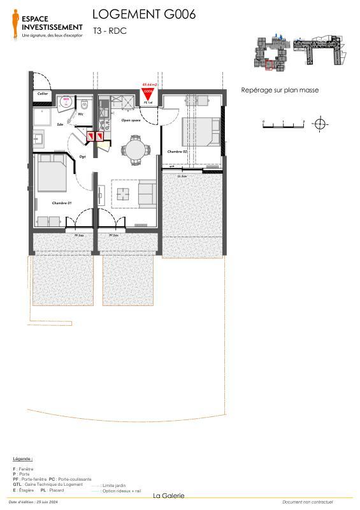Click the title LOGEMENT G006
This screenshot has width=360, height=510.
click(x=143, y=14)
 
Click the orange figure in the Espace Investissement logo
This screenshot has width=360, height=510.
click(x=15, y=24)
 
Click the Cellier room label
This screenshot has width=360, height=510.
click(x=43, y=94)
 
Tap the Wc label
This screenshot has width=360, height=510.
click(x=81, y=115)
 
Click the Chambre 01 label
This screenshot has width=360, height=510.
click(x=61, y=203)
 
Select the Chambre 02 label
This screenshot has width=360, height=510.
click(x=176, y=152)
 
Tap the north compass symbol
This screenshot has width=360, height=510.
click(x=320, y=124)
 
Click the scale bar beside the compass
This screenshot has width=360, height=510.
click(x=284, y=124)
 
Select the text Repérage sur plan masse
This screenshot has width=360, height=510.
click(x=280, y=91)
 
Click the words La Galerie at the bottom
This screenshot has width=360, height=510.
click(x=169, y=496)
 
